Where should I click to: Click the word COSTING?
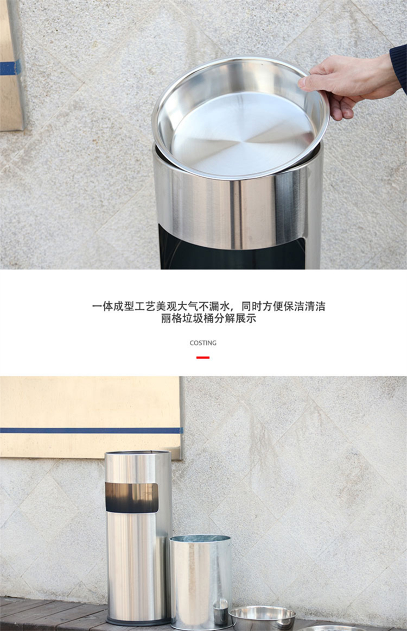[x=203, y=343]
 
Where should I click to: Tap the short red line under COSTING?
[x=203, y=358]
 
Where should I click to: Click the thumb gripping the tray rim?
[x=312, y=84]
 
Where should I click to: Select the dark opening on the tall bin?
[x=131, y=497]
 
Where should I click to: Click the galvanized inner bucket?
[x=200, y=582]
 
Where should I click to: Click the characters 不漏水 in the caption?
[x=213, y=306]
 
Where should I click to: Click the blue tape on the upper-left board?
[x=10, y=67]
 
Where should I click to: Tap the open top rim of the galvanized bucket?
[x=200, y=539]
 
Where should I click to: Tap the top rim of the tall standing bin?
[x=138, y=453]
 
